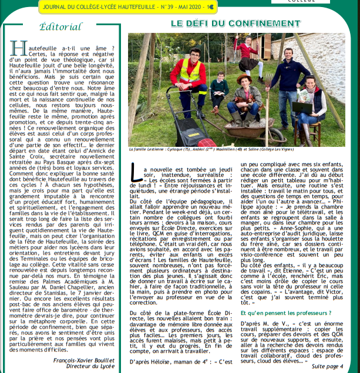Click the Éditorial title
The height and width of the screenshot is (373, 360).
60,28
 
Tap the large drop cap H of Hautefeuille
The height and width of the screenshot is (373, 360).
18,49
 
